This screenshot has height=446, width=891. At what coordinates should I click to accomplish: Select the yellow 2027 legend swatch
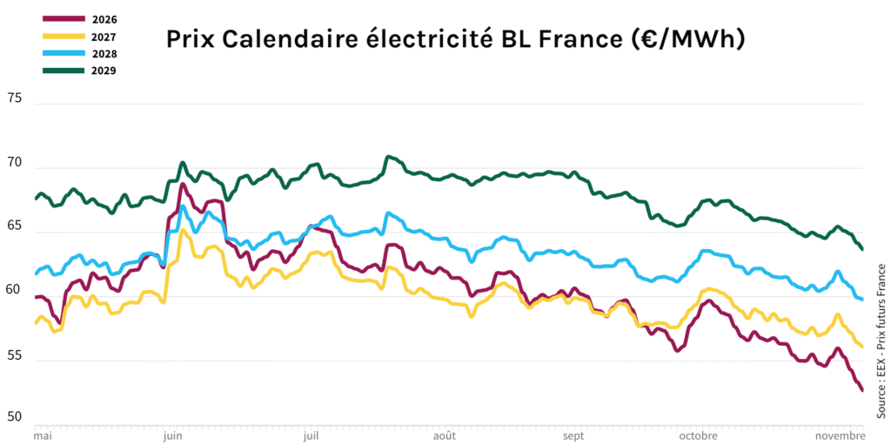(x=63, y=37)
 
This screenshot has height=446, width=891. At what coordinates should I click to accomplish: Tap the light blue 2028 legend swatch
(x=63, y=53)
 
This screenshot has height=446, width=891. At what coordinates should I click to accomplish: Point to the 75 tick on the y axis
(x=15, y=98)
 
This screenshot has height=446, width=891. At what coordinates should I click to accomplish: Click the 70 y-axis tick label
(x=15, y=162)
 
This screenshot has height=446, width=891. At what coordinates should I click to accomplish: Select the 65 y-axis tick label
(x=15, y=226)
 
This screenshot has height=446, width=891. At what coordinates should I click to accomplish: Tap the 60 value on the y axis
(x=15, y=290)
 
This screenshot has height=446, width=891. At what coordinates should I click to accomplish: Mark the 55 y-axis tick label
(x=15, y=355)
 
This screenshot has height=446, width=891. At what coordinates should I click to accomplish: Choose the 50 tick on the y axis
(x=15, y=417)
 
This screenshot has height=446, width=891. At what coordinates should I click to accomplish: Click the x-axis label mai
(x=43, y=434)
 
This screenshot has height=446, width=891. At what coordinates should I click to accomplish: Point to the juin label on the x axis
(x=172, y=434)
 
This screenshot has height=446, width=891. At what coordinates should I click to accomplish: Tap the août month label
(x=444, y=434)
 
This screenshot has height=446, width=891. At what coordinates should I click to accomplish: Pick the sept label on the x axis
(x=573, y=434)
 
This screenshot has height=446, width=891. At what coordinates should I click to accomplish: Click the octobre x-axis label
(x=698, y=434)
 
